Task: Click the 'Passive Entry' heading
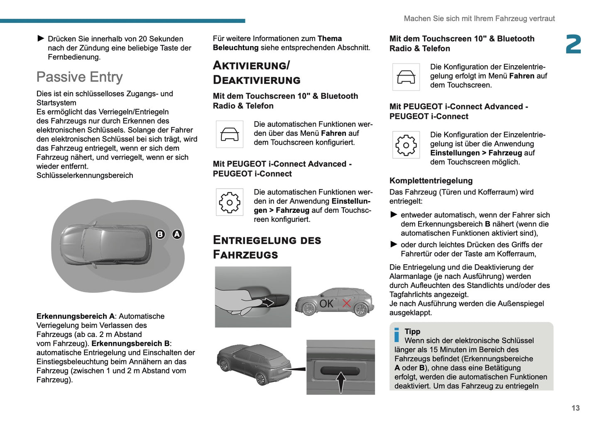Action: point(79,77)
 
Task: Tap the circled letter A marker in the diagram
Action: point(177,234)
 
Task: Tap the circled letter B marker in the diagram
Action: point(160,234)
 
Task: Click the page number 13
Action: point(576,408)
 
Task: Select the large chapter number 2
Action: point(573,44)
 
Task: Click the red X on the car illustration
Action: point(346,303)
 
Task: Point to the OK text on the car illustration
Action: point(326,304)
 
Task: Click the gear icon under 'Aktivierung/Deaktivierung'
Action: point(229,202)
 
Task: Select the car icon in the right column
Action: point(406,77)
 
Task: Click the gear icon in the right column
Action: point(406,145)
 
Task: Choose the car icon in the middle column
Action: point(229,134)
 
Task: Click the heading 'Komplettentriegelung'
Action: point(431,181)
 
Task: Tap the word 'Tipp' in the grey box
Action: point(412,331)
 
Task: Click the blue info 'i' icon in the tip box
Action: point(397,335)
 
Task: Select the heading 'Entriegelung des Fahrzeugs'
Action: point(267,247)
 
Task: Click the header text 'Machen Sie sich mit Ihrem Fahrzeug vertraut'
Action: point(479,19)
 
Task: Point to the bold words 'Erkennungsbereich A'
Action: point(75,316)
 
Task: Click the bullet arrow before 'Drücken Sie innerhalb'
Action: point(41,39)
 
